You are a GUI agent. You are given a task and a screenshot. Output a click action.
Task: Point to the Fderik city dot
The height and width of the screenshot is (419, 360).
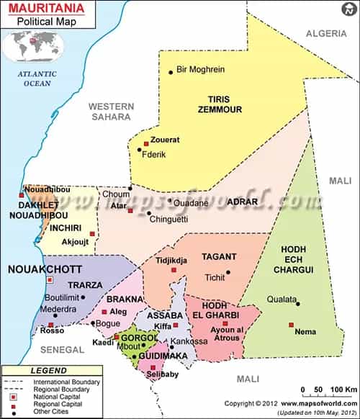(x=140, y=150)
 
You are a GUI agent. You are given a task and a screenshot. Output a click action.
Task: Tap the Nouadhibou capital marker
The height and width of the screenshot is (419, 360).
(x=22, y=194)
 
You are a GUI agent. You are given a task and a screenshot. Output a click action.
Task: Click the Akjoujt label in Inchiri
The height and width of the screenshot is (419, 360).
(x=75, y=242)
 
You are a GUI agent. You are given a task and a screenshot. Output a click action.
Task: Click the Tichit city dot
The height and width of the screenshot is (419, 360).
(x=228, y=272)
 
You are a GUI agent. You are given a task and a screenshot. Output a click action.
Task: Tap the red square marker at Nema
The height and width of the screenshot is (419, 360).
(x=292, y=325)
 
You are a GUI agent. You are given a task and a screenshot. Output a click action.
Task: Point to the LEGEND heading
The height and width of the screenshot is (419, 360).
(x=49, y=370)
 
